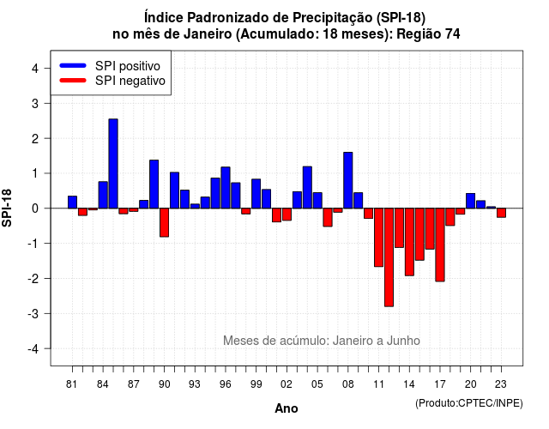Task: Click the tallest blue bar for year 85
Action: (113, 164)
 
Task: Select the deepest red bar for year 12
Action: (389, 257)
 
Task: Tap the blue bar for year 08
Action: (348, 180)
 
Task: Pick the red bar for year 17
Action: (440, 245)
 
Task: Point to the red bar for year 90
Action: (164, 223)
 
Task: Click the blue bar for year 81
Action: (72, 202)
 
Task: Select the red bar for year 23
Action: (501, 213)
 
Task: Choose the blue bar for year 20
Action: (471, 201)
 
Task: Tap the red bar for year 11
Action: (379, 238)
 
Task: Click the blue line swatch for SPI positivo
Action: (73, 65)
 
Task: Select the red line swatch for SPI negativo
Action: (73, 81)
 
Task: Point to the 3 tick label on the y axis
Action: (34, 104)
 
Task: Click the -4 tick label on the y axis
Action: (33, 349)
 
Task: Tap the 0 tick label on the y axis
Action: (34, 208)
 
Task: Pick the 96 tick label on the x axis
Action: (226, 384)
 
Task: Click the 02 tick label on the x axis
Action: (287, 384)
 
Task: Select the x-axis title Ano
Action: (287, 408)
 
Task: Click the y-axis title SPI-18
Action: (7, 208)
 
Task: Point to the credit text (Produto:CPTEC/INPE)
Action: (469, 403)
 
